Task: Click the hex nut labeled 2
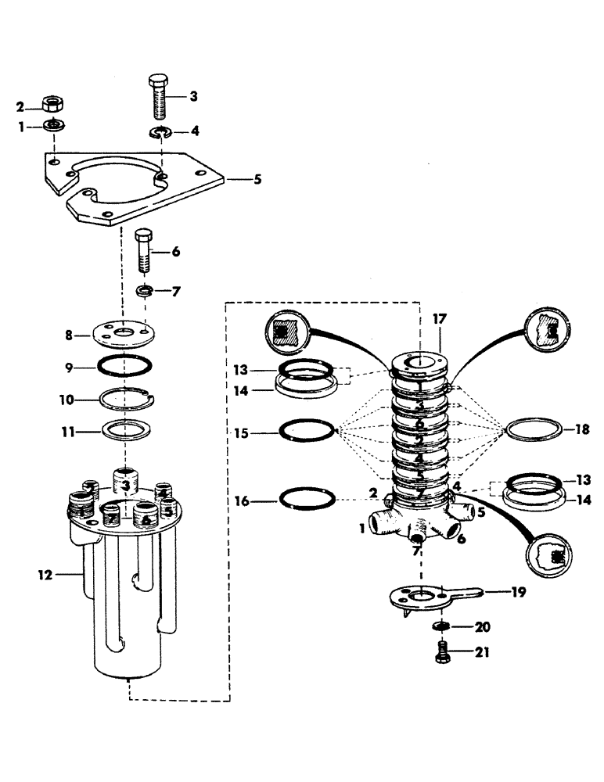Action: tap(52, 104)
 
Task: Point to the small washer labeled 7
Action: tap(144, 292)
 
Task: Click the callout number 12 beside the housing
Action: tap(46, 575)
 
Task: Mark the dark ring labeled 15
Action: tap(306, 430)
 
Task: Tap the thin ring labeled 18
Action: tap(534, 430)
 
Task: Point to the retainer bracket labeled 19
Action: tap(429, 597)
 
